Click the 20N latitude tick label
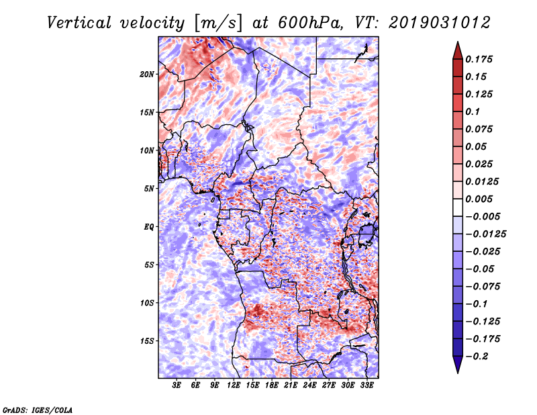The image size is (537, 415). pyautogui.click(x=147, y=75)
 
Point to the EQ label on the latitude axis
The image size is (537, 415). pyautogui.click(x=149, y=227)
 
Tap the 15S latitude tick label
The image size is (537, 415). pyautogui.click(x=147, y=341)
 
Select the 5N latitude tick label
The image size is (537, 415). pyautogui.click(x=149, y=189)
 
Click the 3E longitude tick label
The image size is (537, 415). pyautogui.click(x=177, y=385)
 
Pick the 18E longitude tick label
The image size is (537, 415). pyautogui.click(x=272, y=385)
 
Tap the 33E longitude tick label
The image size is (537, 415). pyautogui.click(x=367, y=385)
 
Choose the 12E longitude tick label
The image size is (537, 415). pyautogui.click(x=234, y=385)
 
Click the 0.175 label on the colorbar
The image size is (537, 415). pyautogui.click(x=479, y=59)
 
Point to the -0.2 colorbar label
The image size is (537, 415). pyautogui.click(x=477, y=357)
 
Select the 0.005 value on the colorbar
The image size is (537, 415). pyautogui.click(x=479, y=199)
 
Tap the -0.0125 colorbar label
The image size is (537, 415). pyautogui.click(x=485, y=234)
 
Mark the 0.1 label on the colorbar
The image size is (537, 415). pyautogui.click(x=473, y=111)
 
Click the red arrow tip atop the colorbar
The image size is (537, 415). pyautogui.click(x=458, y=42)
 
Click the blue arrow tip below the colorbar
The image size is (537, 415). pyautogui.click(x=458, y=373)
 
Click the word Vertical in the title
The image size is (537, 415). pyautogui.click(x=79, y=23)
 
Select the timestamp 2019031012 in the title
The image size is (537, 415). pyautogui.click(x=440, y=23)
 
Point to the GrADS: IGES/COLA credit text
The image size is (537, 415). pyautogui.click(x=38, y=410)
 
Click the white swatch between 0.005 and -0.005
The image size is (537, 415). pyautogui.click(x=458, y=207)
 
